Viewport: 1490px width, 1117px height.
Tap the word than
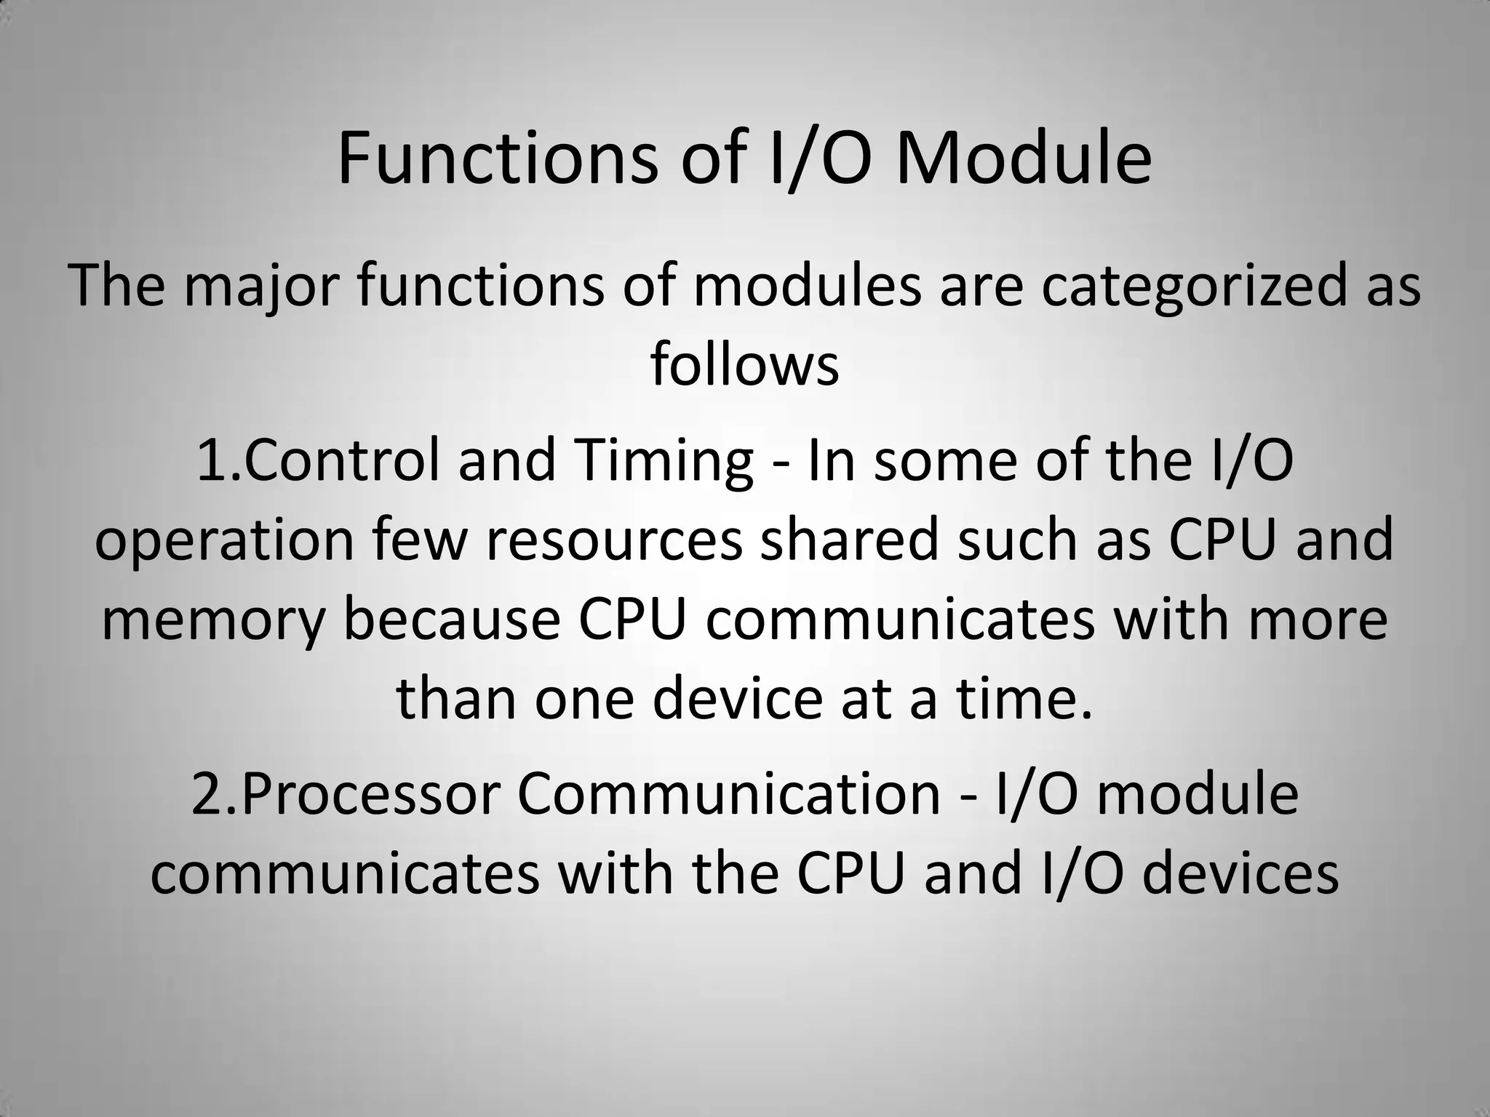(455, 699)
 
